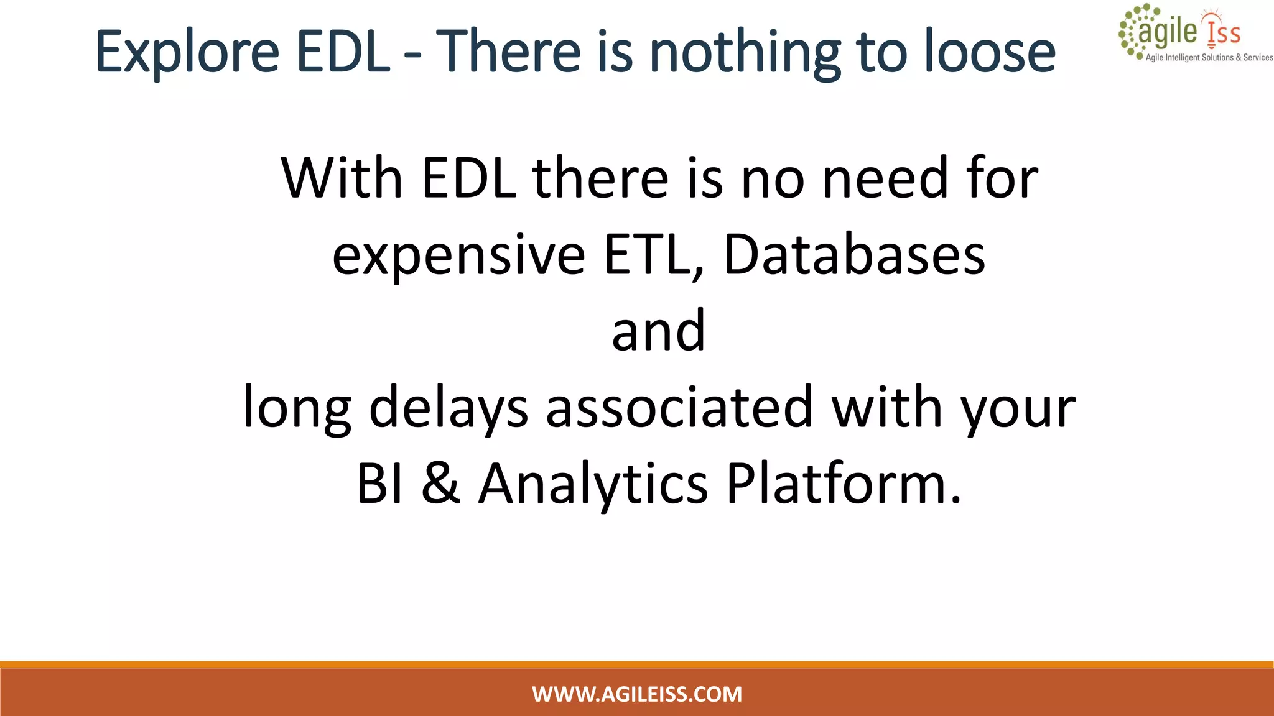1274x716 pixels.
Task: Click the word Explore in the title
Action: coord(187,53)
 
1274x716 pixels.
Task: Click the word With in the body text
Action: coord(342,178)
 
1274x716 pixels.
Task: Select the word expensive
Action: coord(458,256)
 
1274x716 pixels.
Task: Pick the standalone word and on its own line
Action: coord(658,331)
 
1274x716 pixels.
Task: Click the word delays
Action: coord(449,408)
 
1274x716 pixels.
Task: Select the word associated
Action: coord(679,408)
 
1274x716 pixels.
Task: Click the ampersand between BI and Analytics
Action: coord(440,484)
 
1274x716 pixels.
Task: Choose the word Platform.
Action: coord(844,484)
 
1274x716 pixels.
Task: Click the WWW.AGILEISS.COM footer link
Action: coord(637,694)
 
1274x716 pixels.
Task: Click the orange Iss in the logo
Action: coord(1224,32)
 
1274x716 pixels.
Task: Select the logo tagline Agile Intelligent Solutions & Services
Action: coord(1209,57)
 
